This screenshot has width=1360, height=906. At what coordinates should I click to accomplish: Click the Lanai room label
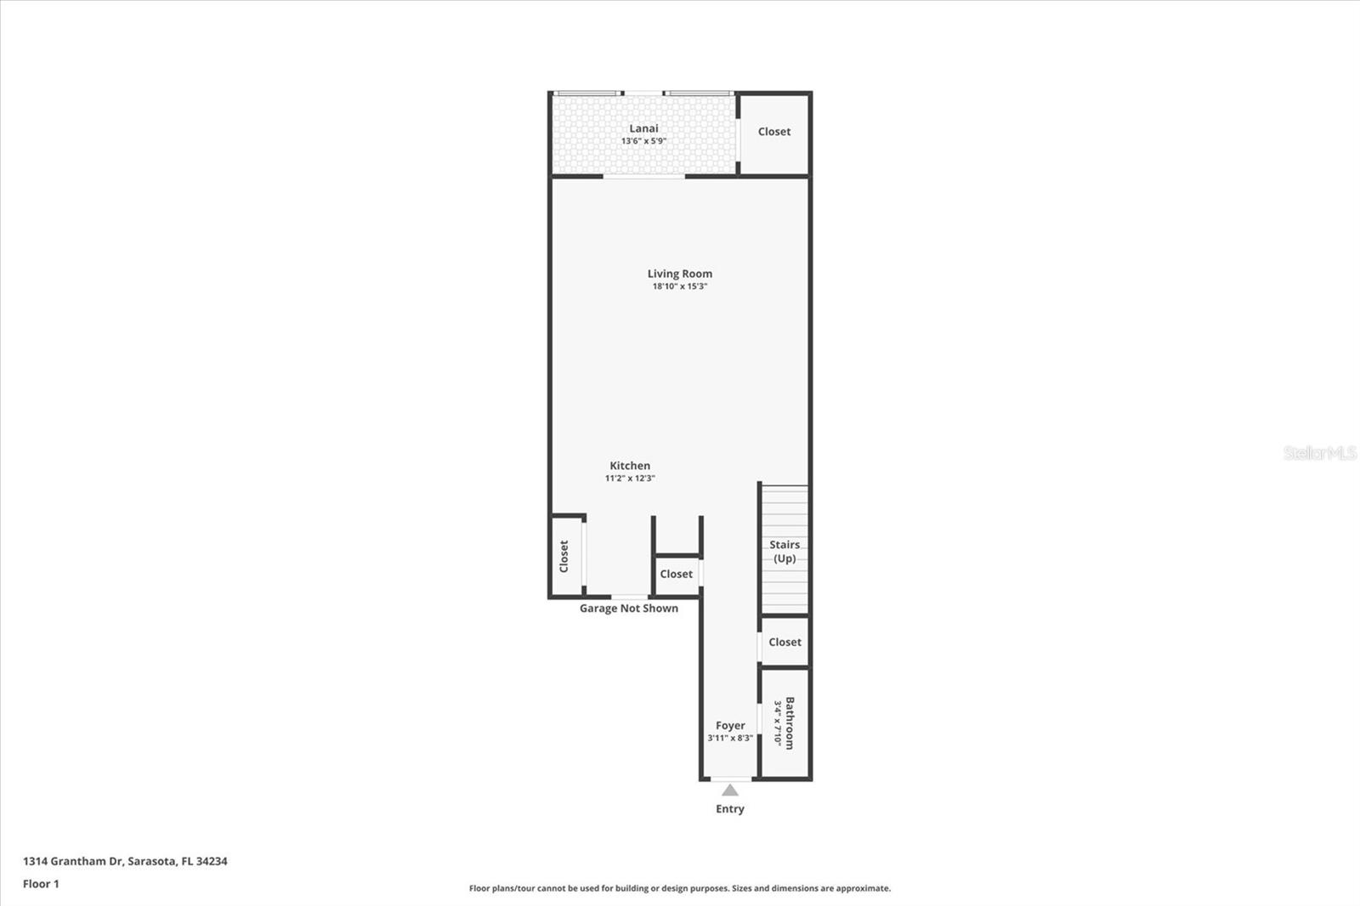point(643,128)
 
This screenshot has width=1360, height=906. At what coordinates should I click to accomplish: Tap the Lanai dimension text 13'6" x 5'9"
point(643,141)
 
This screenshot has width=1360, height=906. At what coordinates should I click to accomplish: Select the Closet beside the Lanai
point(774,132)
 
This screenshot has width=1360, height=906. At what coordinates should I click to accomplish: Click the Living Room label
point(680,274)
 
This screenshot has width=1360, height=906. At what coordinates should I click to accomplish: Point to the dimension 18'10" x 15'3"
point(680,286)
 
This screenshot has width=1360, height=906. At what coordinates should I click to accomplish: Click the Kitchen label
point(630,466)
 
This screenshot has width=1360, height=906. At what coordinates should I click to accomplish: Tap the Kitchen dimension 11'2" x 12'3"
point(630,478)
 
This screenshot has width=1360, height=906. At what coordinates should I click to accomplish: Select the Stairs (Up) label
point(785,552)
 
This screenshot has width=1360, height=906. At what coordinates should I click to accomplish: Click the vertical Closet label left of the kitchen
point(564,556)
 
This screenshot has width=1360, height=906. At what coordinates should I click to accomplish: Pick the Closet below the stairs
point(785,643)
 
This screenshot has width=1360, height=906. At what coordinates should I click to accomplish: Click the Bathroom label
point(790,723)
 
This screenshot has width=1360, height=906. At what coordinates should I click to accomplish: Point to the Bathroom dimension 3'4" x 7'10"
point(777,723)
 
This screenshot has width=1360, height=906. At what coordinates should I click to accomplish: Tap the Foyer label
point(730,726)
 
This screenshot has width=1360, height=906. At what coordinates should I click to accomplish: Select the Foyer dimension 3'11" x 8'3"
point(730,739)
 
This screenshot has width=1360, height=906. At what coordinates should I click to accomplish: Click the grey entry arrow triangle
point(730,790)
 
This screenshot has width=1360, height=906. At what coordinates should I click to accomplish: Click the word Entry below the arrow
point(730,809)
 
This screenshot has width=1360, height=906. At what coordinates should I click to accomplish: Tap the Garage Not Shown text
point(629,609)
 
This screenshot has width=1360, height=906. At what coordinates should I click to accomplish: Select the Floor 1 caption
point(41,884)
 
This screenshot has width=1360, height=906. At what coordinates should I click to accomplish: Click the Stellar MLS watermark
point(1319,453)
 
